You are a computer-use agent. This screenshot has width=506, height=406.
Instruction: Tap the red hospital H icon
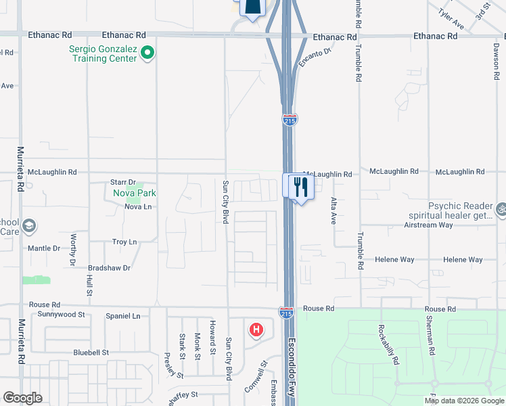point(256,330)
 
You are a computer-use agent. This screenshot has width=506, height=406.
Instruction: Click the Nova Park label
point(135,194)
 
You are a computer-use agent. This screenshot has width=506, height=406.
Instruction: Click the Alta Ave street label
point(333,211)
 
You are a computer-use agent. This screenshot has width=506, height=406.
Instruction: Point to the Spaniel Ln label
point(127,316)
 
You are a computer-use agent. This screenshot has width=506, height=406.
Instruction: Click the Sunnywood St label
point(62,315)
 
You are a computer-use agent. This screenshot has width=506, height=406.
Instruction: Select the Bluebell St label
point(91,353)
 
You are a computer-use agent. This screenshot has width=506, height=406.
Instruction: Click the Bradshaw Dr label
point(108,268)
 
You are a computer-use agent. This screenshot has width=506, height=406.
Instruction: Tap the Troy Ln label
point(124,242)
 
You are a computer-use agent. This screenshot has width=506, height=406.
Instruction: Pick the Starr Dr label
point(123,182)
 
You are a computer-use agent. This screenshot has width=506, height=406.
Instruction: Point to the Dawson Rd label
point(496,60)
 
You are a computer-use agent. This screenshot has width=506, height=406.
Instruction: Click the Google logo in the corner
point(22,398)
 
